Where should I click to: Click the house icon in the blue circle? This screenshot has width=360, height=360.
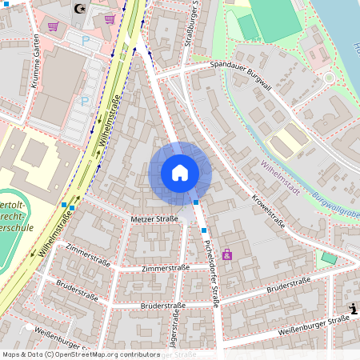tap(180, 173)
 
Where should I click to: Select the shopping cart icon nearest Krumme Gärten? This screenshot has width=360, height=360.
tap(53, 26)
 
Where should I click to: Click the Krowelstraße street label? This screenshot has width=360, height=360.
tap(268, 210)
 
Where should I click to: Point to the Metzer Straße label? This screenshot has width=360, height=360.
tap(154, 218)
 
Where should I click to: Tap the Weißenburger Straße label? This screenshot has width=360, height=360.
tap(314, 325)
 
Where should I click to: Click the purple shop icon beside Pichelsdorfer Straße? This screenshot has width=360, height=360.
tap(227, 254)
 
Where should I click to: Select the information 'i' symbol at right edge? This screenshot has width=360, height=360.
tap(353, 309)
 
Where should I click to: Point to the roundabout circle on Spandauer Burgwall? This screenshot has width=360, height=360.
tap(328, 78)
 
